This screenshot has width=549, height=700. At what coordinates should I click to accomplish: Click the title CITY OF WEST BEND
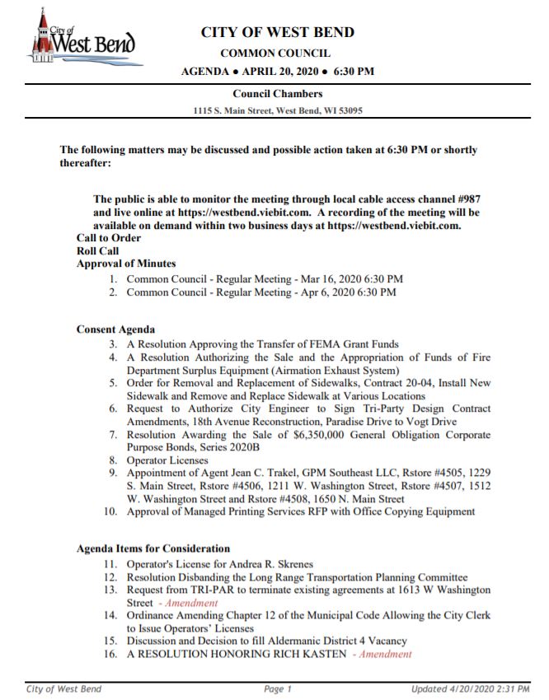pos(278,32)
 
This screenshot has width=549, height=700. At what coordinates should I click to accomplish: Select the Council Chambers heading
pos(277,94)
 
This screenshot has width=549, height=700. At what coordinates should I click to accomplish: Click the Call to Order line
pos(109,238)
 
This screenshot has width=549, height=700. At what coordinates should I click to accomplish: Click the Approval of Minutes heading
pos(126,264)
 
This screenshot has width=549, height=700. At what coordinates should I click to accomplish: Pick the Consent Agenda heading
pos(115,329)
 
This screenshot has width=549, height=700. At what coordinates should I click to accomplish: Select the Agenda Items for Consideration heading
pos(153,548)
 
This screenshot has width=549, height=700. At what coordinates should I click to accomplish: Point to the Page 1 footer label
pos(278,688)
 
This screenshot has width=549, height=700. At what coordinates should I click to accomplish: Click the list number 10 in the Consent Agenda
pos(110,511)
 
